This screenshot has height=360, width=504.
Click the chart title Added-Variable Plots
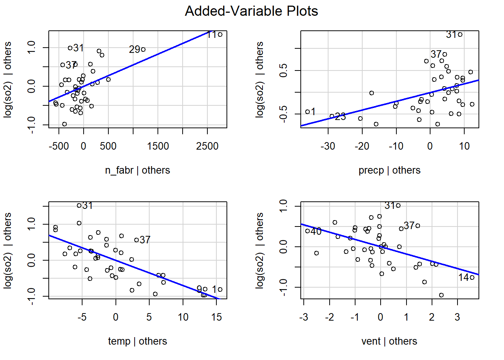[x=251, y=11]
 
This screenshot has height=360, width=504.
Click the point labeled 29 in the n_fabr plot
[x=143, y=49]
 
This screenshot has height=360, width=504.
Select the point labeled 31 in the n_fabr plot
[x=70, y=48]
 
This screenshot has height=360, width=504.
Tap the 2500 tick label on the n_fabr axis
[x=207, y=146]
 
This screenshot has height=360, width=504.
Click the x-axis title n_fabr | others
[x=137, y=170]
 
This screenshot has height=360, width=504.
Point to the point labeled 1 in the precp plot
[x=307, y=112]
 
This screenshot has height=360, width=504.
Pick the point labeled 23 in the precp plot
[x=332, y=116]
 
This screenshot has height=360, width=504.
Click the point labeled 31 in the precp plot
[x=460, y=34]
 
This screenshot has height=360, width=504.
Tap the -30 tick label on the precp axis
[x=328, y=146]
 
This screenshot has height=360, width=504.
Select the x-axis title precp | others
[x=389, y=170]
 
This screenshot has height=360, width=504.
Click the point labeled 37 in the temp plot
[x=136, y=240]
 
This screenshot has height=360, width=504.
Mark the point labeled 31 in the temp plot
[x=79, y=205]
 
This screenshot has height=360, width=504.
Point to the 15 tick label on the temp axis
[x=216, y=317]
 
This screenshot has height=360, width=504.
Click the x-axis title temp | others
[x=137, y=341]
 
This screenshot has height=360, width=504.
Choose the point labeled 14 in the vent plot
[x=472, y=277]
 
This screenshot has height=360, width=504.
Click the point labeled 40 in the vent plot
[x=307, y=231]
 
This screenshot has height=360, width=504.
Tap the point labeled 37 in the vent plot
[x=418, y=226]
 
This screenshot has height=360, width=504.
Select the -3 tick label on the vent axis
[x=304, y=317]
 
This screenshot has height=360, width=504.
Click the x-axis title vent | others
[x=389, y=341]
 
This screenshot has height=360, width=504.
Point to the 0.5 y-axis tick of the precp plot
[x=283, y=70]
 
